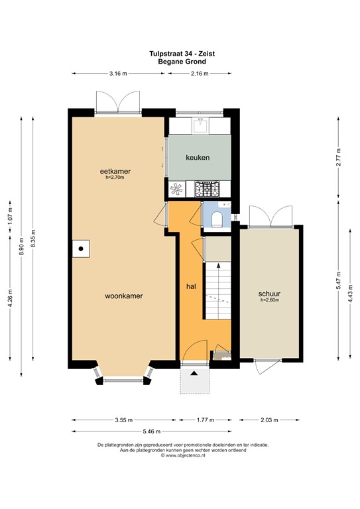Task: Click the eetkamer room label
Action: (x=115, y=171)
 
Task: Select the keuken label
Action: (x=198, y=158)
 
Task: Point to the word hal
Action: (x=191, y=286)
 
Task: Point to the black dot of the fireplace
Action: (x=80, y=249)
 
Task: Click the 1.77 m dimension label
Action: (x=207, y=420)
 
